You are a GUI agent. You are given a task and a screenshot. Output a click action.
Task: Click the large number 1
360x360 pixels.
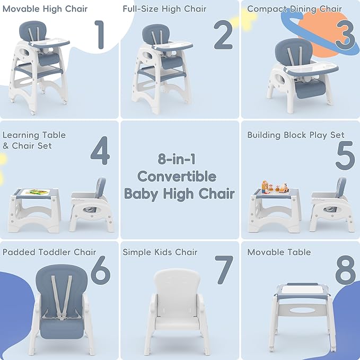pyautogui.click(x=100, y=34)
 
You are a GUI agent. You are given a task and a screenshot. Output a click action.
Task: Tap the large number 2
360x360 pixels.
pyautogui.click(x=223, y=35)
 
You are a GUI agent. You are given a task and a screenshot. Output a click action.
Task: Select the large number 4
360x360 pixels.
pyautogui.click(x=100, y=151)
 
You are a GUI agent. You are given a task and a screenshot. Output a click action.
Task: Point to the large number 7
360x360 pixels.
pyautogui.click(x=224, y=270)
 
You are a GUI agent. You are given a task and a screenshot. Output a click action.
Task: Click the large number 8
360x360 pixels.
pyautogui.click(x=345, y=270)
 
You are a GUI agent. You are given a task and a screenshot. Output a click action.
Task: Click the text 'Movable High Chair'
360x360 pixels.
pyautogui.click(x=45, y=8)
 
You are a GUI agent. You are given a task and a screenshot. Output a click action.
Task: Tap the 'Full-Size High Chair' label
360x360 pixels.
pyautogui.click(x=164, y=8)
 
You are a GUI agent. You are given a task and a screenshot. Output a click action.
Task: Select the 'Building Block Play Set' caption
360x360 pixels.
pyautogui.click(x=296, y=135)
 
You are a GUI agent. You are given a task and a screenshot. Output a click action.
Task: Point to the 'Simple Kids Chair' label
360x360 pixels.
pyautogui.click(x=160, y=252)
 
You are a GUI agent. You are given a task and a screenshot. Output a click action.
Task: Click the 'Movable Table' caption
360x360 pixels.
pyautogui.click(x=279, y=252)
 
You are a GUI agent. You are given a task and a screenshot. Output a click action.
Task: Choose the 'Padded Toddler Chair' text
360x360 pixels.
pyautogui.click(x=49, y=252)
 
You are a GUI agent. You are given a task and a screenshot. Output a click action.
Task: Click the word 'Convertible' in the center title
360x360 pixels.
pyautogui.click(x=177, y=177)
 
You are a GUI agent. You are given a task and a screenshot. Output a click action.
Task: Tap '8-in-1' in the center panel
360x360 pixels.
pyautogui.click(x=177, y=159)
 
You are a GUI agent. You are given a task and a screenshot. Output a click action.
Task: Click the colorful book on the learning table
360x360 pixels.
pyautogui.click(x=36, y=191)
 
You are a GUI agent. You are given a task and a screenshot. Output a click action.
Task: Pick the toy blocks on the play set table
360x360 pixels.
pyautogui.click(x=275, y=187)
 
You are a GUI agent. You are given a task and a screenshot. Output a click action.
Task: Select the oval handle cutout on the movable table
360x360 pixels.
pyautogui.click(x=302, y=310)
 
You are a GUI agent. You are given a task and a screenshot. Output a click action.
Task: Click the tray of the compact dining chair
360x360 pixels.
pyautogui.click(x=311, y=68)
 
